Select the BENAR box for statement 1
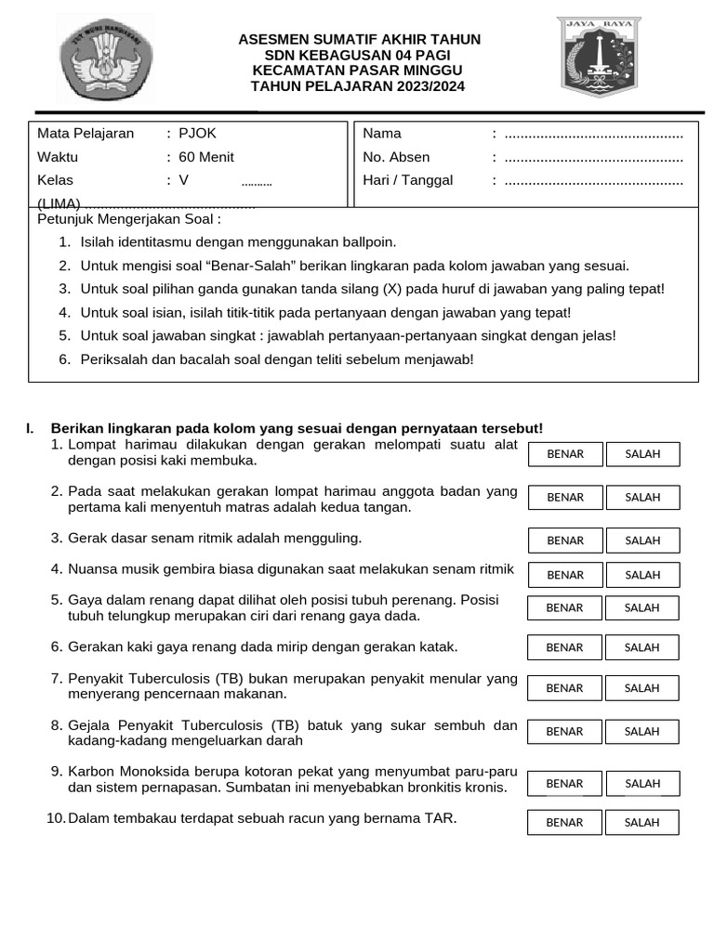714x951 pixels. (x=565, y=454)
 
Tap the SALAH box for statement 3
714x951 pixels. (x=642, y=541)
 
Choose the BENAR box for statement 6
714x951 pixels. (x=564, y=647)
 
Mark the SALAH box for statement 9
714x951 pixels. (x=642, y=784)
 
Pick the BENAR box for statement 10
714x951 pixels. (x=564, y=823)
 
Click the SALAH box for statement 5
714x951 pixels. (x=641, y=608)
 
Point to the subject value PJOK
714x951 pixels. (x=197, y=134)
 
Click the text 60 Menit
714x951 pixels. (x=206, y=157)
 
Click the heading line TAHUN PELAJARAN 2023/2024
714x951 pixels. (x=358, y=86)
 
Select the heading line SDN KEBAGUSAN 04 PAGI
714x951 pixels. (x=358, y=55)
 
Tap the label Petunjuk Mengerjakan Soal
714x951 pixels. (x=129, y=220)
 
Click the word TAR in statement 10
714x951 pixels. (x=441, y=819)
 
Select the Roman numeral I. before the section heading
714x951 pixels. (x=31, y=428)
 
